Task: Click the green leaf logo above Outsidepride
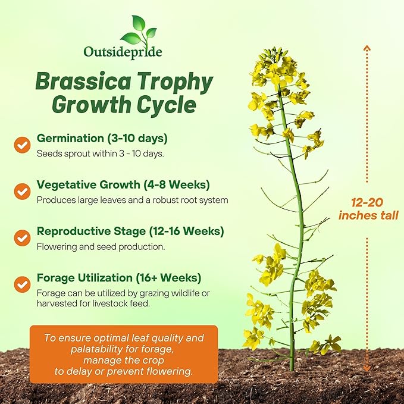pyautogui.click(x=139, y=30)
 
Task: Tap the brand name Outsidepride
pyautogui.click(x=123, y=52)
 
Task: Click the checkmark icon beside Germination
pyautogui.click(x=23, y=145)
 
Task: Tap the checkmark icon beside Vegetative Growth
pyautogui.click(x=23, y=191)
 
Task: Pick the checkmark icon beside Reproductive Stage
pyautogui.click(x=23, y=237)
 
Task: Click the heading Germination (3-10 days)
pyautogui.click(x=102, y=138)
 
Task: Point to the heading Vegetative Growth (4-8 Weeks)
pyautogui.click(x=123, y=184)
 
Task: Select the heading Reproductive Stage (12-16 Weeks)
pyautogui.click(x=130, y=231)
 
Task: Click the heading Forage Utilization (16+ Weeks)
pyautogui.click(x=119, y=278)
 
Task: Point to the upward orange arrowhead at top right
pyautogui.click(x=367, y=48)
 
